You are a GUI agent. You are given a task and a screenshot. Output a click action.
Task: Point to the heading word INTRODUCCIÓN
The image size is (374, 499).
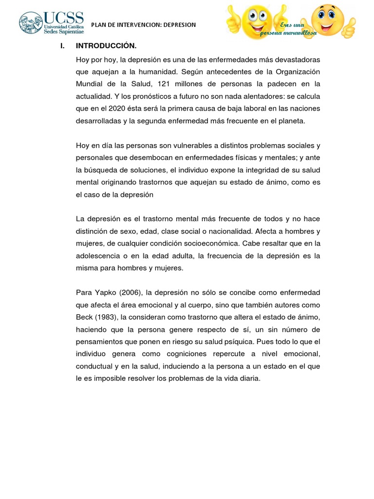click(x=106, y=46)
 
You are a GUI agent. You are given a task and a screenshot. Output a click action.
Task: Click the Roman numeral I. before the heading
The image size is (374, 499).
click(x=62, y=46)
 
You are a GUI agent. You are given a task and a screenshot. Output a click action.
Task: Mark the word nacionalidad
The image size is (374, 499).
click(x=242, y=230)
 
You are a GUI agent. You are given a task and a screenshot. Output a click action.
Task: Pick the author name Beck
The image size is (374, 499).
click(x=84, y=317)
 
